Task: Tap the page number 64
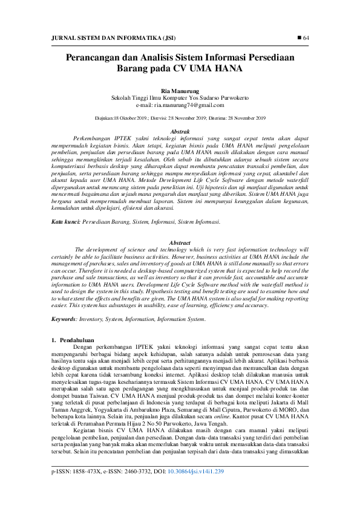tap(306, 38)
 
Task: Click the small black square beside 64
tap(298, 38)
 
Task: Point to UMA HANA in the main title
tap(221, 68)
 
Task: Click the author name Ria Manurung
tap(180, 90)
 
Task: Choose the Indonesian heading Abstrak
tap(180, 131)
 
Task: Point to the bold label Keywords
tap(64, 319)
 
